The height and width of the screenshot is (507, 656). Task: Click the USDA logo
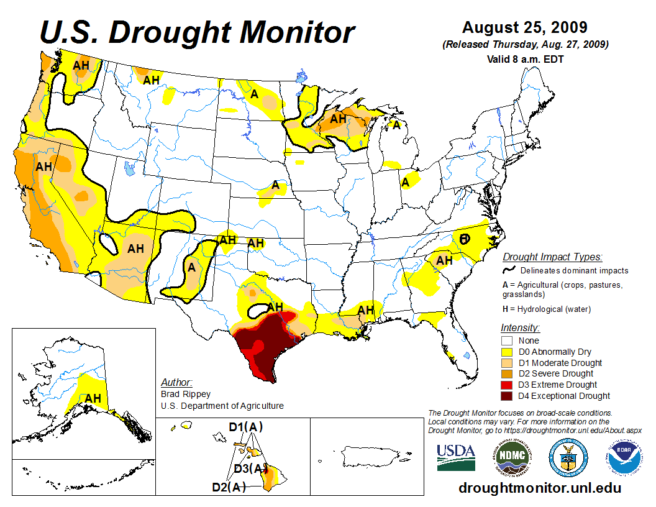click(x=456, y=457)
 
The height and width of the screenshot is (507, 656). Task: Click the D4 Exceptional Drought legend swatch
click(x=506, y=396)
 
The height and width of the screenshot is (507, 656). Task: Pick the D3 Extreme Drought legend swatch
click(x=506, y=385)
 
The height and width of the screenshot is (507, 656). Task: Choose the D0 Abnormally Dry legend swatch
click(x=506, y=352)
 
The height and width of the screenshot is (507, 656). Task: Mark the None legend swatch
click(x=506, y=340)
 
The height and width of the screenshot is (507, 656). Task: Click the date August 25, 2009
click(x=525, y=28)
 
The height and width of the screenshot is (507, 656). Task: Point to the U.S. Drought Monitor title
click(x=198, y=32)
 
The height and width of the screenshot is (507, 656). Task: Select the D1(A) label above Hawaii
click(x=246, y=427)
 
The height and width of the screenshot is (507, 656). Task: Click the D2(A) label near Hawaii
click(x=229, y=487)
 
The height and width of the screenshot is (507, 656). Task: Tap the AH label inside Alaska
click(x=93, y=398)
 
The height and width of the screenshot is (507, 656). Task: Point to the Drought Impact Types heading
click(x=552, y=257)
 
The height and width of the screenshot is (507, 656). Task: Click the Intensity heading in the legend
click(x=520, y=327)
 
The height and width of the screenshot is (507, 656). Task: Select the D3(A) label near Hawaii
click(x=250, y=468)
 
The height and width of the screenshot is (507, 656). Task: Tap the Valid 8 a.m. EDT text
click(x=525, y=59)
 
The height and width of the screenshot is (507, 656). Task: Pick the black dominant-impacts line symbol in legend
click(x=509, y=270)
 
